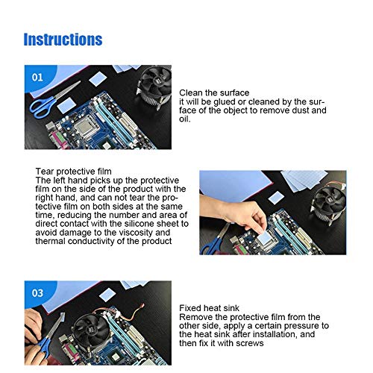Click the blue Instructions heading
pos(63,40)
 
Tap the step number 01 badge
pos(37,78)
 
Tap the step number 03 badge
pos(37,293)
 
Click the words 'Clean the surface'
pos(214,93)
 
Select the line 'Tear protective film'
pos(73,172)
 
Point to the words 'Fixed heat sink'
pos(209,308)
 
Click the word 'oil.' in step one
pos(185,119)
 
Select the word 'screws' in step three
pos(250,343)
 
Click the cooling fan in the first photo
pos(154,87)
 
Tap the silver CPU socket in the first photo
pos(87,128)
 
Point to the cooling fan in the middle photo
pos(327,204)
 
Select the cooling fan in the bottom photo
pos(92,328)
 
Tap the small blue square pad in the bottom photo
pos(107,295)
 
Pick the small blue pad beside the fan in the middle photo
pos(276,198)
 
